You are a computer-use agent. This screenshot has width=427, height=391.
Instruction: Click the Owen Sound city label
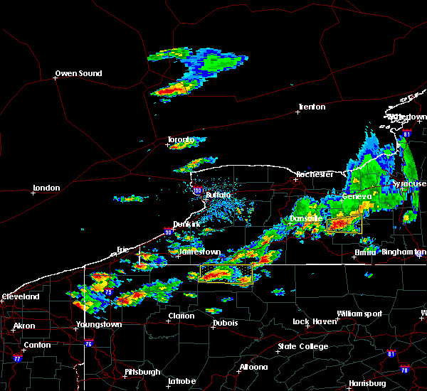[79, 73]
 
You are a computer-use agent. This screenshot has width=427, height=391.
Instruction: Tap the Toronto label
[181, 139]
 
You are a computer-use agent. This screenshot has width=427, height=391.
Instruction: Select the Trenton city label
[312, 107]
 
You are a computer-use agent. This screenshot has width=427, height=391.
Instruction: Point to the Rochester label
[315, 174]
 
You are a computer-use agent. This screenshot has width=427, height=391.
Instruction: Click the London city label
[46, 188]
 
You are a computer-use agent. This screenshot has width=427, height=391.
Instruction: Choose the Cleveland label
[19, 296]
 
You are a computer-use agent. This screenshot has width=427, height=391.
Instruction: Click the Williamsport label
[359, 314]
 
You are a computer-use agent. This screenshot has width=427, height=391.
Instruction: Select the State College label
[303, 346]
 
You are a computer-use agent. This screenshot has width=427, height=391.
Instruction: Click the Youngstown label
[99, 324]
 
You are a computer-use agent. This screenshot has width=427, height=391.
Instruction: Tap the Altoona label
[253, 367]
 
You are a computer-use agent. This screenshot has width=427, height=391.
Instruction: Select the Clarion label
[181, 316]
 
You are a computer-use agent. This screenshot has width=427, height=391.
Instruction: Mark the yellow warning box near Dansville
[344, 225]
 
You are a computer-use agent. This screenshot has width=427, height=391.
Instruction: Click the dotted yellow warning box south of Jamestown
[226, 274]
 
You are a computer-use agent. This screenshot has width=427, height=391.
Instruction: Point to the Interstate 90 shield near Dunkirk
[168, 230]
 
